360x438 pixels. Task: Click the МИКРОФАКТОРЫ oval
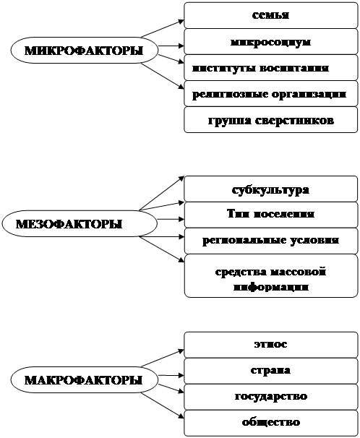coord(85,51)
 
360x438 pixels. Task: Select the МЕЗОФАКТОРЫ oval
coord(80,223)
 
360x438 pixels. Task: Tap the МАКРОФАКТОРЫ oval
coord(85,380)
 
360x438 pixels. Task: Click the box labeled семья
coord(270,15)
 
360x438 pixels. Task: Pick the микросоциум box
coord(270,42)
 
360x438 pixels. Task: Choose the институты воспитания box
coord(270,68)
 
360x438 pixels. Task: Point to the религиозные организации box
coord(270,93)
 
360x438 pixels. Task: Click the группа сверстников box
coord(270,119)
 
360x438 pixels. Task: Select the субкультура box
coord(270,189)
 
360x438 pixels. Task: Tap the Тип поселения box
coord(270,215)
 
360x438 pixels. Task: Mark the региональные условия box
coord(270,241)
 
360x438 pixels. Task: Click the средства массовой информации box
coord(270,275)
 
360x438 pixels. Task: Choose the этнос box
coord(270,345)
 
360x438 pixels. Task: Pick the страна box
coord(270,371)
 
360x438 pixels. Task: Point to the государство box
coord(270,397)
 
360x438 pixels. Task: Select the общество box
coord(270,423)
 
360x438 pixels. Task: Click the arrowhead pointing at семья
coord(181,21)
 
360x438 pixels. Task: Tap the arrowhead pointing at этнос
coord(181,351)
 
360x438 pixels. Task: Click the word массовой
coord(295,272)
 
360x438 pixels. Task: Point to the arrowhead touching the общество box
coord(181,416)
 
